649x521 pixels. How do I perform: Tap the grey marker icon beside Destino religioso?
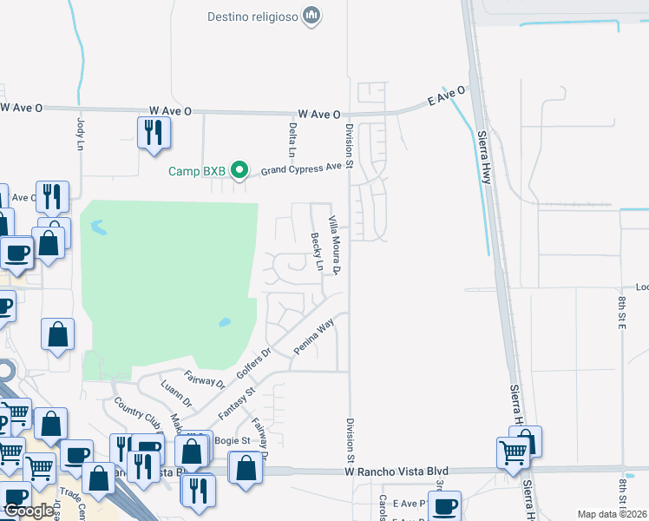coord(313,16)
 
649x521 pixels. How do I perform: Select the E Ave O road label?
coord(447,96)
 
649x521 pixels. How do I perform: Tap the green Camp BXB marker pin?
coord(243,170)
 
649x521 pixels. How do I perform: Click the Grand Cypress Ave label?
coord(302,168)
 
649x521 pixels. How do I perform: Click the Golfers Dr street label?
coord(254,364)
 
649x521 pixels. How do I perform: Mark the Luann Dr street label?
coord(176,392)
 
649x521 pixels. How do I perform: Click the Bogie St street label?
coord(232,441)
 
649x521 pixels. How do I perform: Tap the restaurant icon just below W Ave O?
coord(154,133)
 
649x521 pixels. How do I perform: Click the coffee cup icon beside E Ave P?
coord(445,506)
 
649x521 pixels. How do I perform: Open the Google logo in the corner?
coord(29,511)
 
